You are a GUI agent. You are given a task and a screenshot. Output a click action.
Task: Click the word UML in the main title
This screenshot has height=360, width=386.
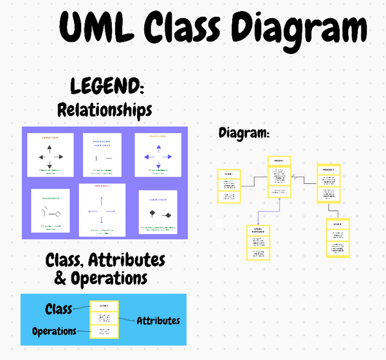click(x=97, y=30)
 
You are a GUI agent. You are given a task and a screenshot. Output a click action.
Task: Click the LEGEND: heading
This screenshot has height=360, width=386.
click(x=107, y=86)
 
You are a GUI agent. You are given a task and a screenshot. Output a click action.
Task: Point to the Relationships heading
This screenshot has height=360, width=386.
click(x=105, y=109)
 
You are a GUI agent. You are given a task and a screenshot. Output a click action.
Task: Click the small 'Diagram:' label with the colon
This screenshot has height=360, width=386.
click(x=244, y=133)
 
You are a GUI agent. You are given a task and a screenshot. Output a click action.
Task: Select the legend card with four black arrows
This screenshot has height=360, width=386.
click(x=50, y=155)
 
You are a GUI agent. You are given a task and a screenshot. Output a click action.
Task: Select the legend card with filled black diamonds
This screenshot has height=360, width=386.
click(x=158, y=211)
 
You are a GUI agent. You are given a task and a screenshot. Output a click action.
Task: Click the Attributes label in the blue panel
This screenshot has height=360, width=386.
click(x=158, y=320)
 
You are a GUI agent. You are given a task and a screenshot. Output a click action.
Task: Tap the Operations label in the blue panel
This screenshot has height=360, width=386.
click(x=54, y=331)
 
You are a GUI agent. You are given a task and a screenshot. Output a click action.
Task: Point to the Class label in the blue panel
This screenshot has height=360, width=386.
click(x=59, y=309)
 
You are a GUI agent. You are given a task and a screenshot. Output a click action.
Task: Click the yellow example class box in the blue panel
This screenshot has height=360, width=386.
click(x=104, y=319)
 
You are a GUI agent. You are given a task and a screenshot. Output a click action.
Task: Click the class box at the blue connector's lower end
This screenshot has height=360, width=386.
click(x=258, y=242)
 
